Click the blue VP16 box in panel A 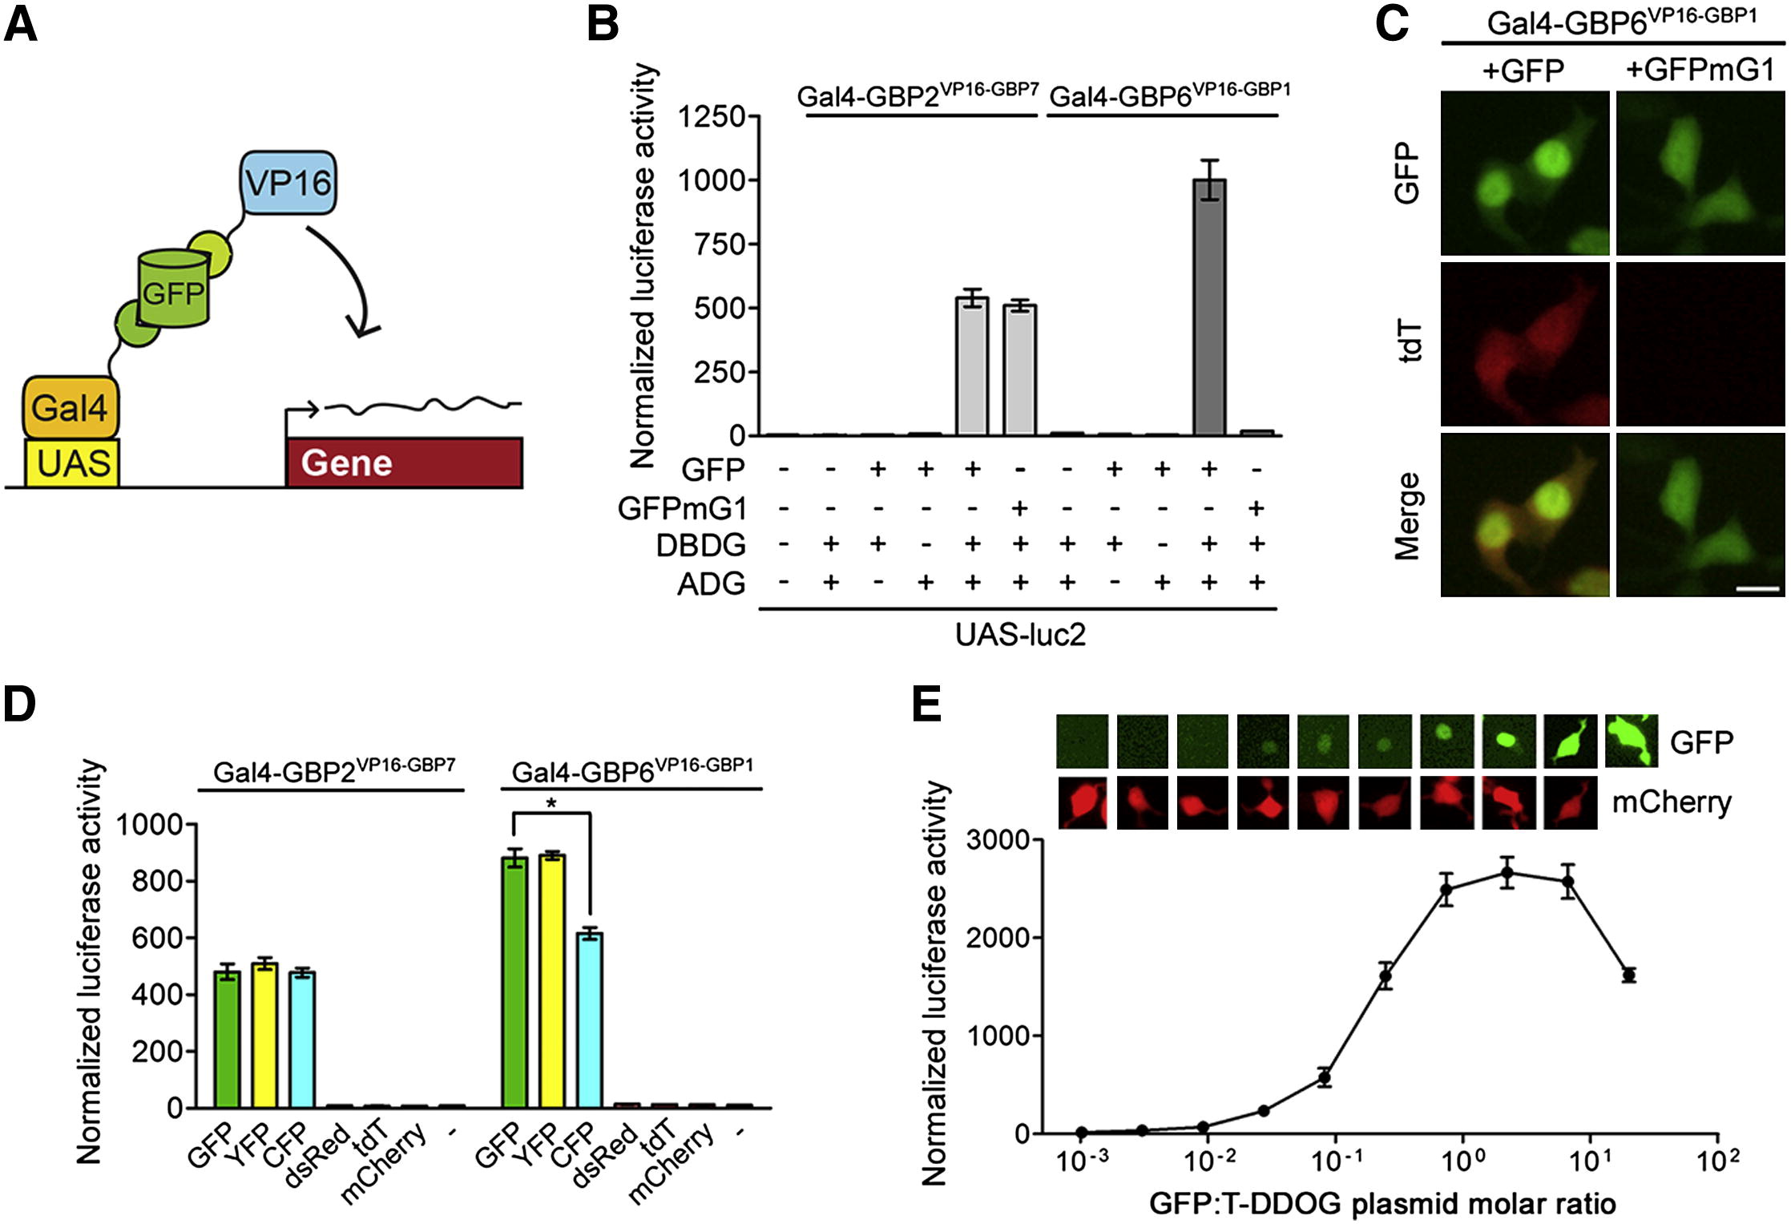[x=288, y=183]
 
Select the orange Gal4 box [x=70, y=408]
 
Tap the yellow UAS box [x=73, y=463]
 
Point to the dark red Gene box [x=405, y=463]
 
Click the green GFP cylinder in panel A [x=173, y=289]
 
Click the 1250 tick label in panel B [x=712, y=117]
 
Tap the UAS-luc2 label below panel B [x=1019, y=635]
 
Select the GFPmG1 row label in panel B [x=682, y=508]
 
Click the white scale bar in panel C [x=1758, y=588]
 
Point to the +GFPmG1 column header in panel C [x=1700, y=71]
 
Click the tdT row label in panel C [x=1408, y=342]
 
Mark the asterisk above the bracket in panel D [x=551, y=803]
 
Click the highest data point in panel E [x=1507, y=873]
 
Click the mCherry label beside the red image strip [x=1672, y=802]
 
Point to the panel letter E [x=928, y=705]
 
